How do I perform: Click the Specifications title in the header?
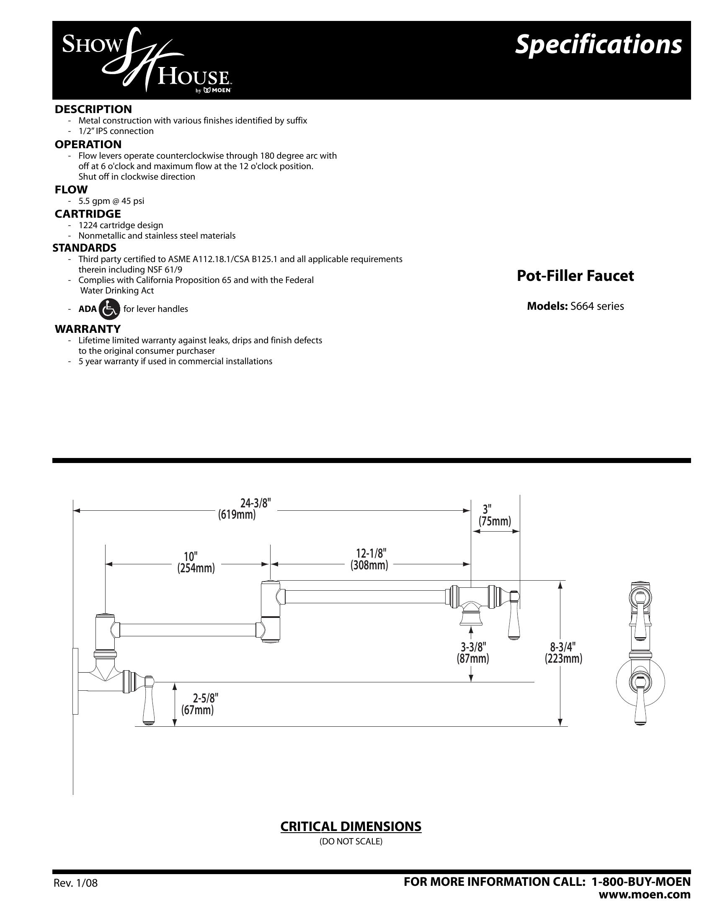(x=598, y=45)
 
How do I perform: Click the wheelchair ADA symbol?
(x=109, y=309)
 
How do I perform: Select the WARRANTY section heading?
(x=88, y=329)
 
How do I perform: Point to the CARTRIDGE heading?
(x=88, y=214)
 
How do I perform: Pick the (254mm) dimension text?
(x=196, y=569)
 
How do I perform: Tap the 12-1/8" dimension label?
(x=369, y=553)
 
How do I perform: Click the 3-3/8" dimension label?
(x=472, y=646)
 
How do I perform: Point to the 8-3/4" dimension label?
(x=563, y=646)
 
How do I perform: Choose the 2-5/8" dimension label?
(x=197, y=699)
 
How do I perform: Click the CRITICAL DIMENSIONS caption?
(x=351, y=826)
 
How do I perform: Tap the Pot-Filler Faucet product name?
(x=575, y=276)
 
